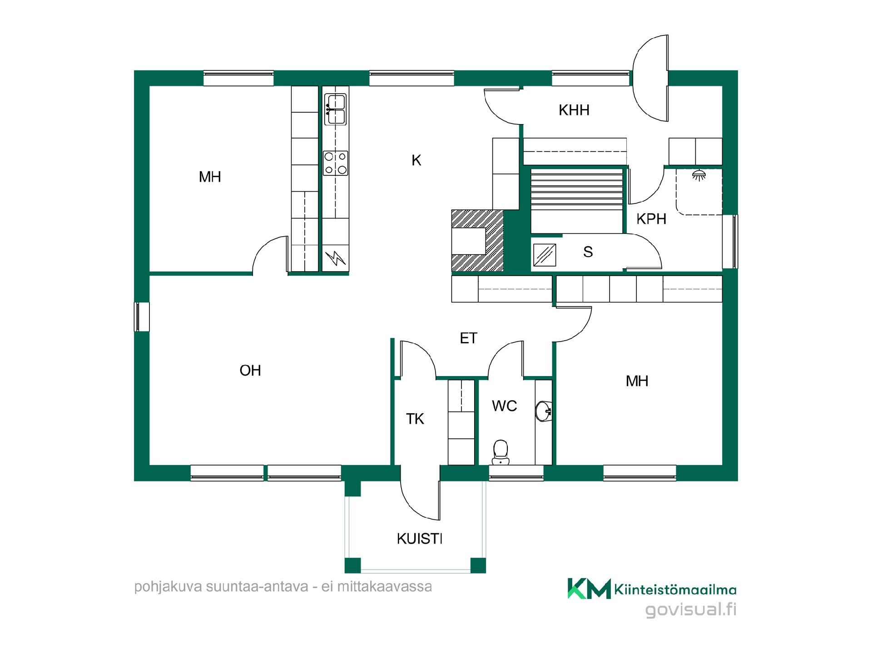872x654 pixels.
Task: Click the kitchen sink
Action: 335,109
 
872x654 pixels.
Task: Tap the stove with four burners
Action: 336,163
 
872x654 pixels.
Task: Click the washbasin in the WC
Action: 544,411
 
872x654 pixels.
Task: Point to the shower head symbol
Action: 699,174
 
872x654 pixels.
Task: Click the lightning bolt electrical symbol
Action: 336,258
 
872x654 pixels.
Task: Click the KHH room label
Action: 574,110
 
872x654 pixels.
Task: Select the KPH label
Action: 651,219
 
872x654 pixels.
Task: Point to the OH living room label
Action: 250,371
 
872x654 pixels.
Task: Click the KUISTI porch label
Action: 420,539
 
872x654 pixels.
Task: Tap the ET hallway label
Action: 469,338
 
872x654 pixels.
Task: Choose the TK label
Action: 415,419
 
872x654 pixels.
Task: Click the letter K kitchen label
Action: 416,160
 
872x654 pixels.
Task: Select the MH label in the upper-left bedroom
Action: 210,177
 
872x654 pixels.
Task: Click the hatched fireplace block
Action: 477,241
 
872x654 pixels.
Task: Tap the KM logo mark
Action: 589,589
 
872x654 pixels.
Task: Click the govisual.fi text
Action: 691,609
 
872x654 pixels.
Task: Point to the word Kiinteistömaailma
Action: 675,590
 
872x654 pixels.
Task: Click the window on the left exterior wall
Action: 141,317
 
